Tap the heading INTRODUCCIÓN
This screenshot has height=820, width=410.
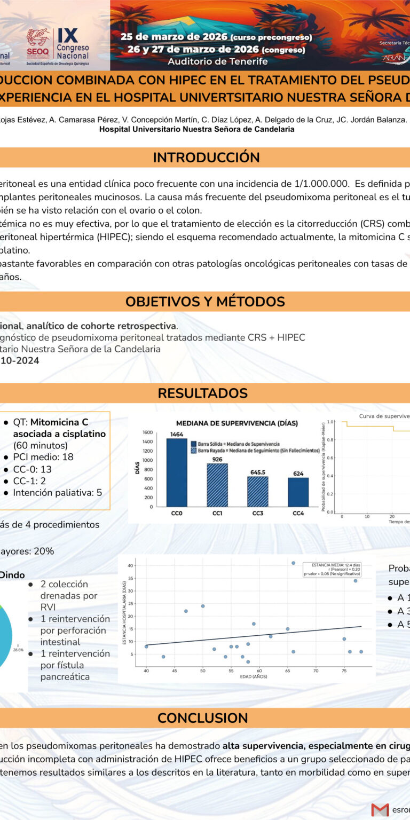click(206, 157)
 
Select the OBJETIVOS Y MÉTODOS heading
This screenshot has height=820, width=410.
click(205, 301)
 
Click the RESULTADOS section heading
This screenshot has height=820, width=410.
click(202, 393)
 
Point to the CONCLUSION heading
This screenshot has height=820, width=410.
click(202, 718)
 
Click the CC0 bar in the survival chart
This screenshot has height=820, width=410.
click(177, 472)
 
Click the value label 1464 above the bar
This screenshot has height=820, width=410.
click(177, 435)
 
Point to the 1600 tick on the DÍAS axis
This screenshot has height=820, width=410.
click(147, 432)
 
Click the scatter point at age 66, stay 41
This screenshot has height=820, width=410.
click(293, 563)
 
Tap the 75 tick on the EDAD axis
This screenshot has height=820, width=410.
click(344, 671)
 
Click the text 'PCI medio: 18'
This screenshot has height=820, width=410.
click(43, 457)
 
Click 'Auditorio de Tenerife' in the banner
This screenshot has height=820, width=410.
click(217, 61)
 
